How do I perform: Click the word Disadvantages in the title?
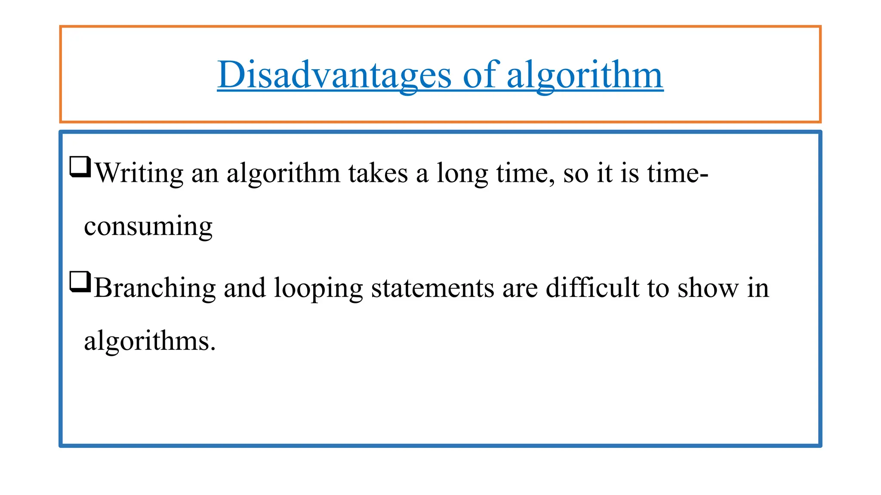(334, 75)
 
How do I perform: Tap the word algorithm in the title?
(585, 75)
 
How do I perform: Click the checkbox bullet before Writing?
(80, 167)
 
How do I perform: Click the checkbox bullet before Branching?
(80, 282)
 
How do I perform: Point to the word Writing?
(139, 173)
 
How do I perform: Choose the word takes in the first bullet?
(378, 173)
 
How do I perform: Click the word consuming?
(148, 226)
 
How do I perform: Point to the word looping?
(318, 288)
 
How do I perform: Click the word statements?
(433, 288)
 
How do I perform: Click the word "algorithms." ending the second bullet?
(150, 342)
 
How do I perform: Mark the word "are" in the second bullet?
(520, 288)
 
